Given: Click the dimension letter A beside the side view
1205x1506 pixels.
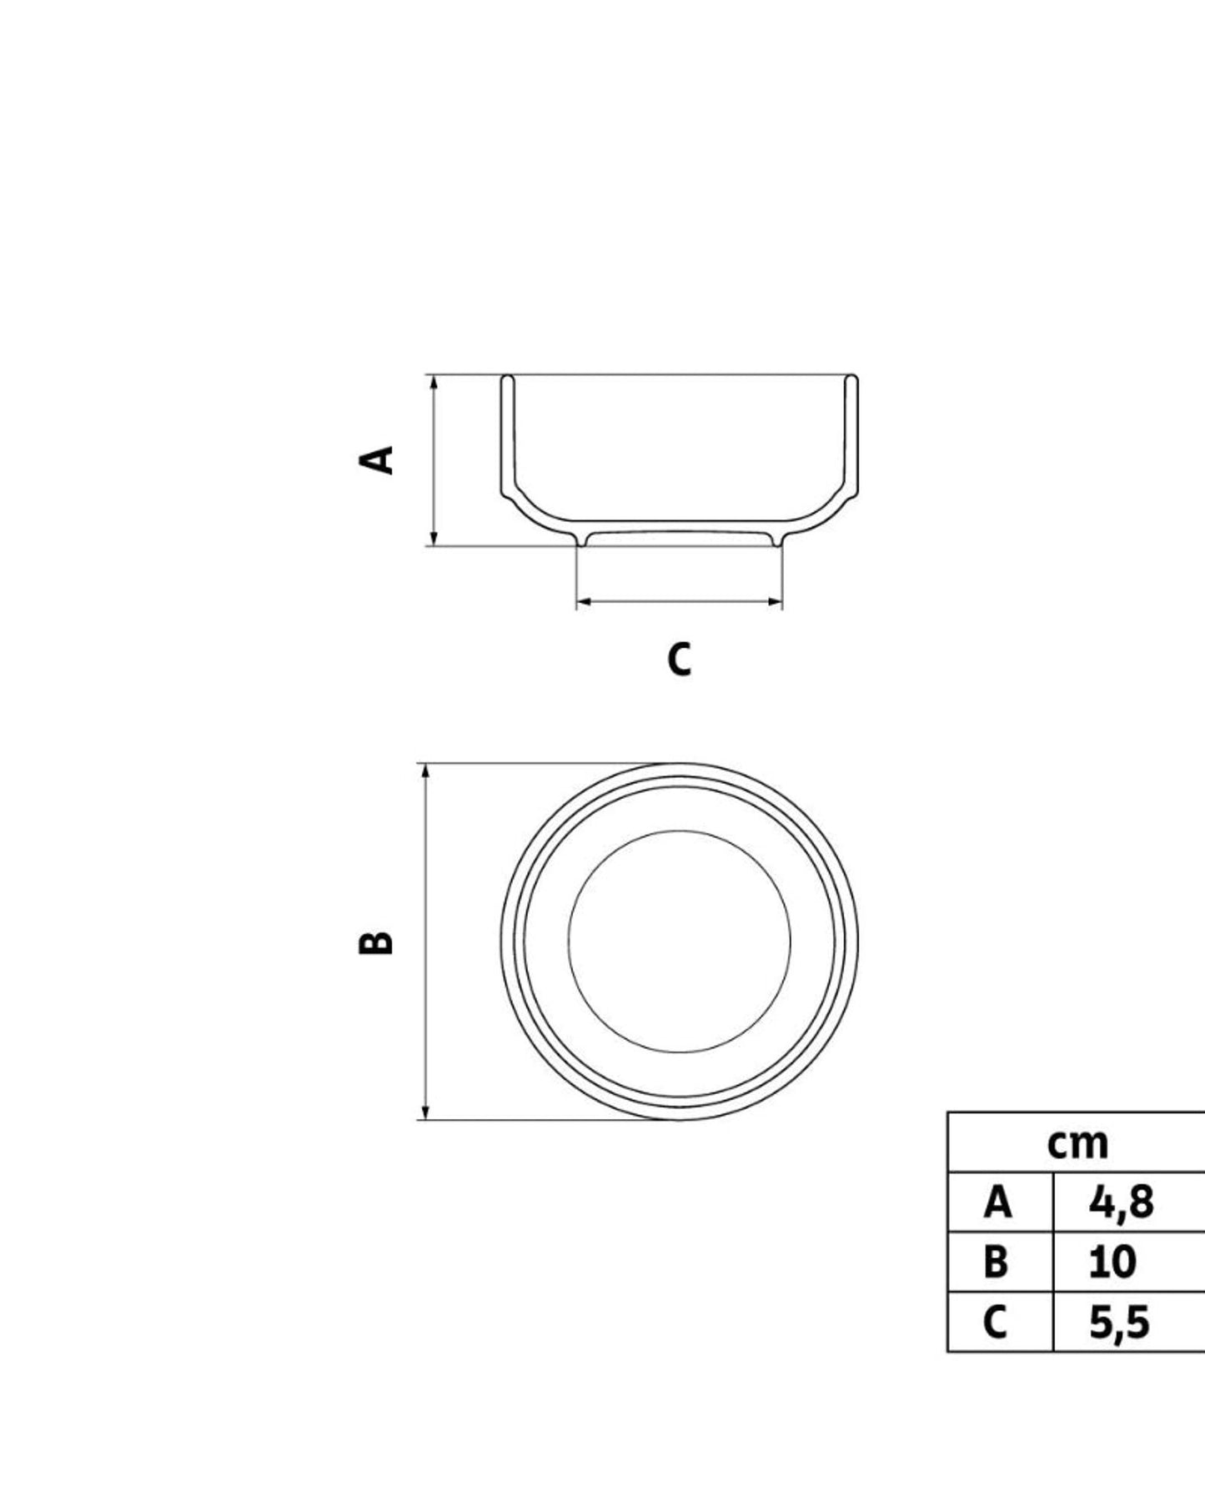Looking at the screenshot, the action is tap(376, 459).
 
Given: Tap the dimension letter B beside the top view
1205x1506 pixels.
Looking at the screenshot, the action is tap(376, 941).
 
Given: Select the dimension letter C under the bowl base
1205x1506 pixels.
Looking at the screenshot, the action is tap(679, 659).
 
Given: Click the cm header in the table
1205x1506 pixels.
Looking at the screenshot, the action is tap(1077, 1144).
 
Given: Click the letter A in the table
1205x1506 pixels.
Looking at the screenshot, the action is tap(997, 1202).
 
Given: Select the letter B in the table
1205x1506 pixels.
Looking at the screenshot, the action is tap(996, 1263).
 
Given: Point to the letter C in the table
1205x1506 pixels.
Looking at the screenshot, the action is tap(995, 1323).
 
